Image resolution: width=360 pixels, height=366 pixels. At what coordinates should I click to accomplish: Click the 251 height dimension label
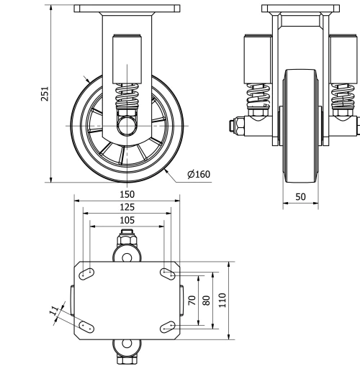pos(43,95)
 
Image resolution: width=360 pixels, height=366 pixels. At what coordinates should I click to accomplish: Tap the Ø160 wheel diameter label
pos(198,174)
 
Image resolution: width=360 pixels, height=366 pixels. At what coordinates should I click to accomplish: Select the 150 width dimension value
pos(127,195)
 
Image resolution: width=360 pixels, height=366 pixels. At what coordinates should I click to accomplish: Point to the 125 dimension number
pos(127,207)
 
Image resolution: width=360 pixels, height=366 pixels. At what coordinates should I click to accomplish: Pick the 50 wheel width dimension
pos(300,196)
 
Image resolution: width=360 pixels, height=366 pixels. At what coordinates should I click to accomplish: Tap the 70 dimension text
pos(192,300)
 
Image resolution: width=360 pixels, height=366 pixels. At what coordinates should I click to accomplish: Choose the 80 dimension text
pos(207,300)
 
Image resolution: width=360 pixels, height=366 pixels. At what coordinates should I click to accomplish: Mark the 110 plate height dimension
pos(222,298)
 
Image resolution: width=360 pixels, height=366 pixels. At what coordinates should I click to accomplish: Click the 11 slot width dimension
pos(53,311)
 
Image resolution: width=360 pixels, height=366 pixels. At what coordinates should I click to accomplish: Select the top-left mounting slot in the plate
pos(86,273)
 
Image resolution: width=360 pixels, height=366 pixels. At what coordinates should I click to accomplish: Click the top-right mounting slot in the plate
pos(168,273)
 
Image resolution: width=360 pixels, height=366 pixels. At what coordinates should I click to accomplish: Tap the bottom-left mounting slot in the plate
pos(86,326)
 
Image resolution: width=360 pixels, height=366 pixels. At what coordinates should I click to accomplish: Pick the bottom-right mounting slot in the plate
pos(168,326)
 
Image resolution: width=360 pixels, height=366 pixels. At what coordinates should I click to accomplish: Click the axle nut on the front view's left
pos(235,127)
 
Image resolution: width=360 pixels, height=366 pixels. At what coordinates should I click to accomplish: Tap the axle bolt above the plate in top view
pos(127,237)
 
